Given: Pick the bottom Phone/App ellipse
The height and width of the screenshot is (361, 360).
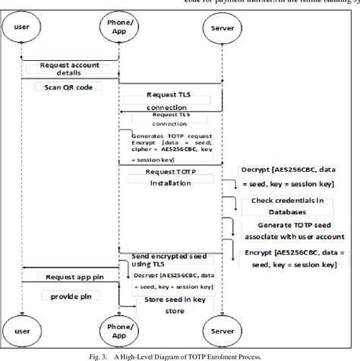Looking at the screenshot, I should (x=118, y=331).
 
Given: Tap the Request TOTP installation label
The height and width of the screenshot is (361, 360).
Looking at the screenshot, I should (x=170, y=178).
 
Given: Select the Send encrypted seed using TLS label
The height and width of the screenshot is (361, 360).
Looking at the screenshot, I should (x=159, y=261).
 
